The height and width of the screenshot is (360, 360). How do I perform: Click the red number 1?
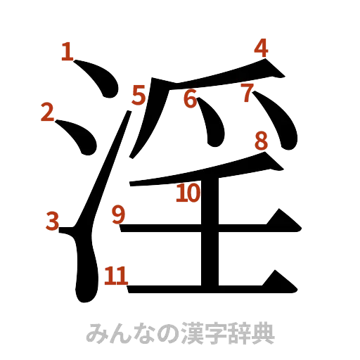tap(67, 51)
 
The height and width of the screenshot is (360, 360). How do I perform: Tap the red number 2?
tap(48, 112)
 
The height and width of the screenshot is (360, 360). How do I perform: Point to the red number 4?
tap(261, 48)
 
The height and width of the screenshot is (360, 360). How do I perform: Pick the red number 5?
tap(138, 94)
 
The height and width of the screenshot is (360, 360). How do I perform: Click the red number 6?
tap(189, 99)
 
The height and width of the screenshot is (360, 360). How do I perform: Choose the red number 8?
tap(261, 141)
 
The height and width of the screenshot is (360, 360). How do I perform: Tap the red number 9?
tap(118, 212)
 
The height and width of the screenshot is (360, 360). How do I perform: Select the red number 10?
tap(188, 192)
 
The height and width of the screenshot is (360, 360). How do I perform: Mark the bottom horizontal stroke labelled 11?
tap(211, 286)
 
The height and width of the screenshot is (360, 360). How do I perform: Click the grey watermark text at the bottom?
tap(180, 332)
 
